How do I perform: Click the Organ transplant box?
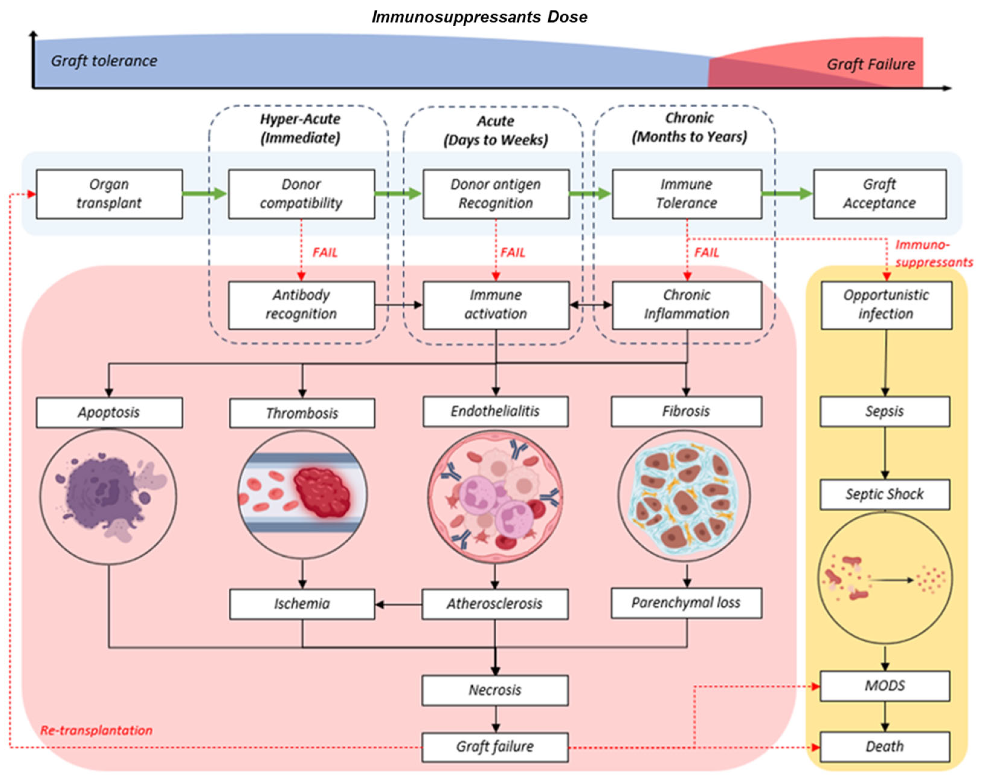(x=109, y=194)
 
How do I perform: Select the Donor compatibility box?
(x=301, y=194)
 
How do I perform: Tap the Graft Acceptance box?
(x=880, y=194)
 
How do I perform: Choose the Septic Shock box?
(x=884, y=494)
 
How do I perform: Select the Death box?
(x=884, y=746)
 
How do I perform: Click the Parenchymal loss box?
(x=686, y=603)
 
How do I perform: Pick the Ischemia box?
(x=302, y=603)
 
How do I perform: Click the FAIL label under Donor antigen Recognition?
(x=513, y=253)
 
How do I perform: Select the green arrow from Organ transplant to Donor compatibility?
(x=204, y=194)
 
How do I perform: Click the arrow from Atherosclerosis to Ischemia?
(x=398, y=604)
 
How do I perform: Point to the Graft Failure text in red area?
(x=871, y=64)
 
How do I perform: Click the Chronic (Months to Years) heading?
(x=689, y=127)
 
